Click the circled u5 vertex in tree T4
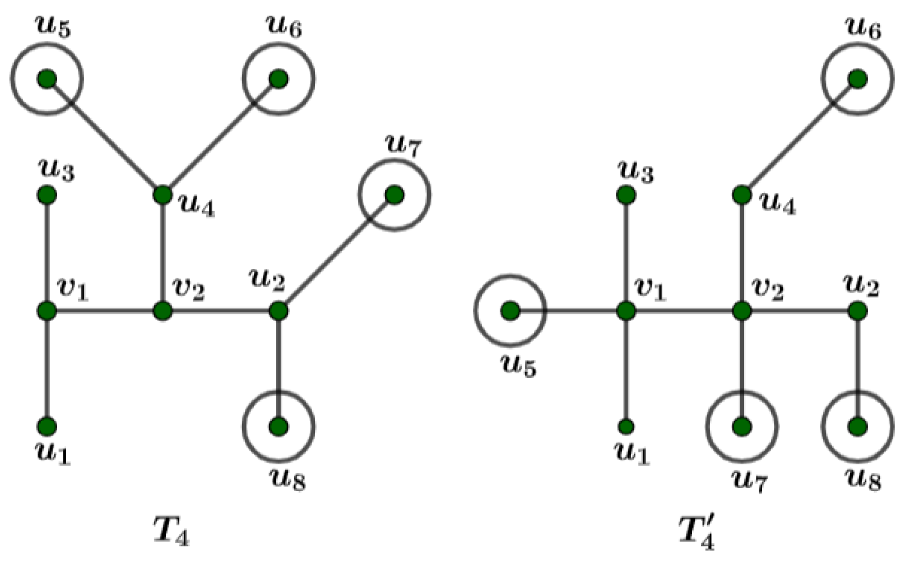pyautogui.click(x=47, y=79)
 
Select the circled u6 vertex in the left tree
pyautogui.click(x=278, y=79)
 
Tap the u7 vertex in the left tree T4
pyautogui.click(x=394, y=194)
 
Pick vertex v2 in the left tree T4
pyautogui.click(x=162, y=311)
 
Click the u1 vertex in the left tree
pyautogui.click(x=47, y=427)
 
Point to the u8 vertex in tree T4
pyautogui.click(x=278, y=427)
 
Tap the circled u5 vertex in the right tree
pyautogui.click(x=509, y=311)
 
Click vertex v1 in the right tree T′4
pyautogui.click(x=626, y=311)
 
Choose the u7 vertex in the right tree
pyautogui.click(x=742, y=427)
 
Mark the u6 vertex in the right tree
pyautogui.click(x=857, y=79)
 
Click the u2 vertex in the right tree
pyautogui.click(x=857, y=311)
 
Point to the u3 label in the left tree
pyautogui.click(x=56, y=169)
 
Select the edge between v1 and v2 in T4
pyautogui.click(x=105, y=311)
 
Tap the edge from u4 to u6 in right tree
pyautogui.click(x=800, y=137)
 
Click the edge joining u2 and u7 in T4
pyautogui.click(x=336, y=253)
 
